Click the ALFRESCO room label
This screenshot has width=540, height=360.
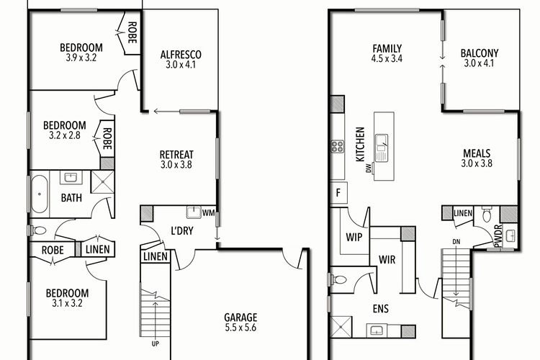point(181,54)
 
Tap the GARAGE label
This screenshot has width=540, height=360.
point(240,318)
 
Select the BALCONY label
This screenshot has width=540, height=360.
point(479,53)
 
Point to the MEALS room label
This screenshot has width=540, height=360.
point(477,153)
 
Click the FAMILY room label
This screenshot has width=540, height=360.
point(387,48)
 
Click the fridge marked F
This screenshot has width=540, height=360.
point(338,193)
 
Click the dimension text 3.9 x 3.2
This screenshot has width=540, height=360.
point(79,60)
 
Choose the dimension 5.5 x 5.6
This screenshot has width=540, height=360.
point(240,328)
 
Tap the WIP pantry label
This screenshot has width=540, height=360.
point(354,236)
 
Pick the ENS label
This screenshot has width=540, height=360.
point(381,311)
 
